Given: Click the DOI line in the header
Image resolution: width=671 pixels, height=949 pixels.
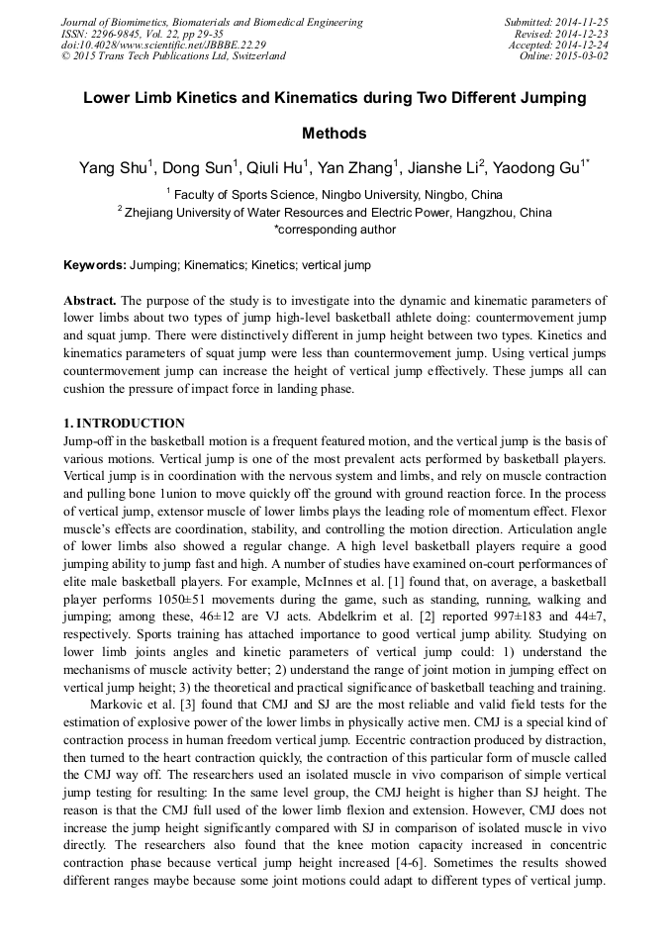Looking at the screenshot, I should (x=163, y=45).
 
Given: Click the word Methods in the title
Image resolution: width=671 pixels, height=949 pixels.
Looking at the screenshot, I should (x=335, y=134).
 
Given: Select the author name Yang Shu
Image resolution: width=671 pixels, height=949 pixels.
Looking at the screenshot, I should (x=114, y=168).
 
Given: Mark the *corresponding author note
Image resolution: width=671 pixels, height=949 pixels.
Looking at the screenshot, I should (x=335, y=230).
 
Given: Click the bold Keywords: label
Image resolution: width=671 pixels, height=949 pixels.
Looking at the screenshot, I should (x=95, y=265).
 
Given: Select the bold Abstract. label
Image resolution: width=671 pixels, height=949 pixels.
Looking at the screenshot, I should (x=90, y=300).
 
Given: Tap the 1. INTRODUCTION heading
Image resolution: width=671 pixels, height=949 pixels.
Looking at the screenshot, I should (x=124, y=424).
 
